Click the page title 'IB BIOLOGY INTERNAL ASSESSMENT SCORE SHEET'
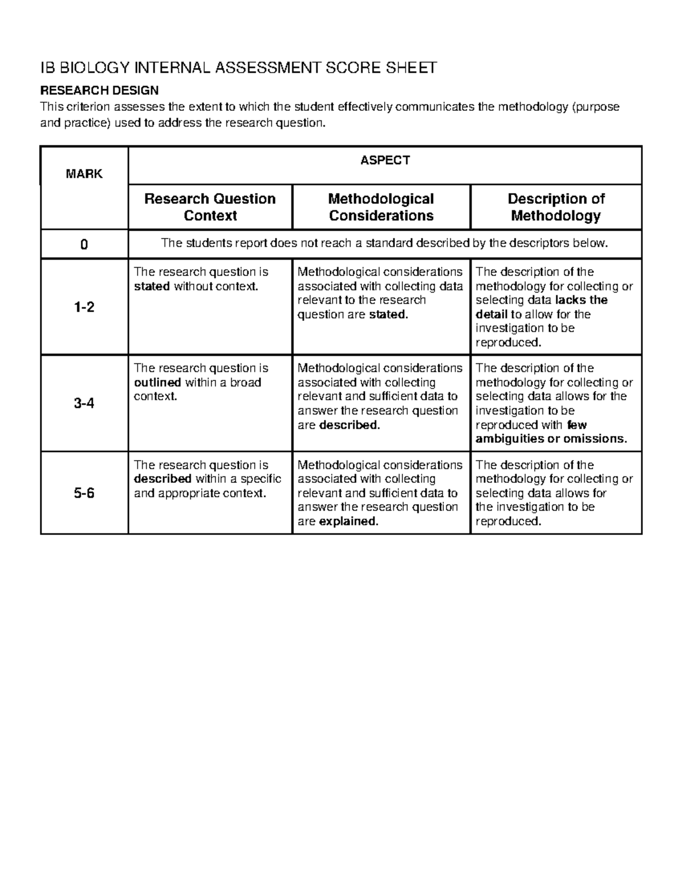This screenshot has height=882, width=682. point(238,68)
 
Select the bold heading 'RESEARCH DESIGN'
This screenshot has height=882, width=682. point(99,90)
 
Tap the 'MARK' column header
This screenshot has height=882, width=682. point(84,174)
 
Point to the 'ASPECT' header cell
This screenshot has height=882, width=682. point(385,161)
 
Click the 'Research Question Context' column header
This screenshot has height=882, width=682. point(210,207)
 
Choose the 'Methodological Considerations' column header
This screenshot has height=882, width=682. point(381,207)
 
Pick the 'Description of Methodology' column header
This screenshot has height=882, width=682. point(555,207)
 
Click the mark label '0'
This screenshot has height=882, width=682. point(84,245)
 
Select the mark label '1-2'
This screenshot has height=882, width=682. point(84,307)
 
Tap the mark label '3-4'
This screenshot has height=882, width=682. point(84,404)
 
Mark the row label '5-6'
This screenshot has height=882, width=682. point(84,493)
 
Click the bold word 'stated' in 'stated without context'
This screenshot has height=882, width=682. point(152,286)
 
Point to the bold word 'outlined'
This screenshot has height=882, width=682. point(157,383)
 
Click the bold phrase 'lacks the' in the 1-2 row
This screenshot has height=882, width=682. point(581,300)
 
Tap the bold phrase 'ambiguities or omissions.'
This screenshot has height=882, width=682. point(551,439)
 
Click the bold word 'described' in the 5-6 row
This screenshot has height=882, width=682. point(163,479)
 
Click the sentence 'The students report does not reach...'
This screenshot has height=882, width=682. point(385,244)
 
